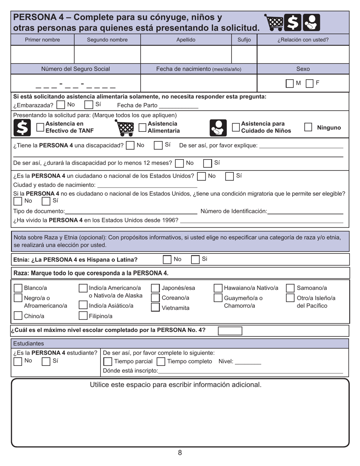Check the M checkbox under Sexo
coord(290,83)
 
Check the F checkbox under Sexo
coord(309,83)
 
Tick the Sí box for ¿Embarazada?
coord(88,105)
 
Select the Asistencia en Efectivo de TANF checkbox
coord(40,128)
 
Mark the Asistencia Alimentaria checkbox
coord(142,128)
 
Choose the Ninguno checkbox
coord(308,127)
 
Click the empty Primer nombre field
coord(43,54)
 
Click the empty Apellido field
coord(186,54)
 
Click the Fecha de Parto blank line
coord(178,106)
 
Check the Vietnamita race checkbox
coord(155,307)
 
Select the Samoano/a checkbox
coord(290,288)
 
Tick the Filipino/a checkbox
coord(83,316)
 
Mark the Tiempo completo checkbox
coord(161,361)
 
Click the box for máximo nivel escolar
coord(230,331)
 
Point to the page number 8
coord(180,453)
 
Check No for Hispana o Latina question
coord(167,260)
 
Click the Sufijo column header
coord(244,40)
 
